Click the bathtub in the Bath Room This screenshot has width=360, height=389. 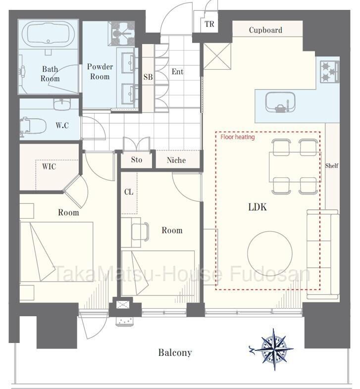pos(48,34)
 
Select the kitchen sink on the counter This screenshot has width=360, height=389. pos(280,102)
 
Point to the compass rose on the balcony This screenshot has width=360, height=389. pos(274,349)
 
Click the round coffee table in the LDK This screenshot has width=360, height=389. pos(269,253)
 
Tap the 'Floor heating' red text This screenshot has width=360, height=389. pos(238,137)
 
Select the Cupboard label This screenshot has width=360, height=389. pos(265,30)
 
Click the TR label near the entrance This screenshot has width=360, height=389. pos(209,24)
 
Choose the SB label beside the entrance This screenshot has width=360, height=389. pos(148,77)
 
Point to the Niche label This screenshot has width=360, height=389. pos(176,160)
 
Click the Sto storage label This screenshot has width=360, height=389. pos(137,159)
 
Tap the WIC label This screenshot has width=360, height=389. pos(49,166)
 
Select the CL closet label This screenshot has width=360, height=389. pos(129,192)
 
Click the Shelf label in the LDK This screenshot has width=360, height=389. pos(332,165)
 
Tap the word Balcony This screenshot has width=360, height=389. pos(175,352)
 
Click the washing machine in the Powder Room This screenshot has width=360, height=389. pos(123,33)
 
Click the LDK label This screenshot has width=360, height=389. pos(257,207)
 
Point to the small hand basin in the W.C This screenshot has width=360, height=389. pos(62,104)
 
